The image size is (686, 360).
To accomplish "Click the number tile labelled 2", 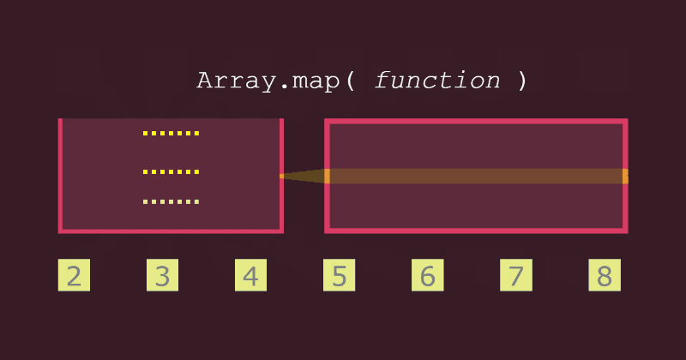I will coord(74,276).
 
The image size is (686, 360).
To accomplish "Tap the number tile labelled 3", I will coord(162,276).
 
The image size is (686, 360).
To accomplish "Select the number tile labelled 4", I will coord(250,276).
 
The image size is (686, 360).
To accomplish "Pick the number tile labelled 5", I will coord(340,276).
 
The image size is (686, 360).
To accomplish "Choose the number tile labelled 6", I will coord(428,276).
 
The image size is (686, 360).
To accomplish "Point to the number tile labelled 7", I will coord(515,276).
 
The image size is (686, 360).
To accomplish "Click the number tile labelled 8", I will coord(604,276).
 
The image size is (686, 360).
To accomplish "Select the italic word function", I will coord(437,81).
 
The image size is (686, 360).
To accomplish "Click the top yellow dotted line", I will coord(171,134).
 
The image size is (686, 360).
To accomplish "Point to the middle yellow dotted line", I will coord(171,172).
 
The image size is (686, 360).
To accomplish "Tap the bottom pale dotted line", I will coord(171,202).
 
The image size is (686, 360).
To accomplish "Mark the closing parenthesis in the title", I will coord(522,81).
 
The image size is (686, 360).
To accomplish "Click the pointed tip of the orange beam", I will coord(283,176).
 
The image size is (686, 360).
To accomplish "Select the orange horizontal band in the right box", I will coord(476,176).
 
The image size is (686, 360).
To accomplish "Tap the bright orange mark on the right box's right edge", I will coord(625,176).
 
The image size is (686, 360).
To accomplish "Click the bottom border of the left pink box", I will coord(171,231).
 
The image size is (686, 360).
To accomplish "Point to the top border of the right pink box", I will coord(476,122).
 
